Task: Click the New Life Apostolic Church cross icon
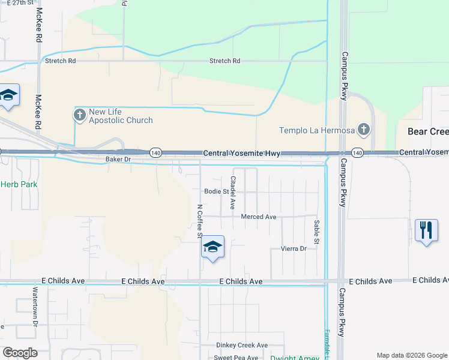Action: [x=80, y=115]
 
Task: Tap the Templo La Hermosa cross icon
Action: [x=363, y=129]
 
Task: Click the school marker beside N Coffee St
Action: [x=212, y=247]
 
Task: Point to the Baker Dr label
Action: [x=118, y=160]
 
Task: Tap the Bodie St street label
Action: [x=217, y=192]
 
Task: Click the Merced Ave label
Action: [x=258, y=217]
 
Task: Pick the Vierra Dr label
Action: [x=294, y=248]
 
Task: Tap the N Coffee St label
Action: [x=200, y=221]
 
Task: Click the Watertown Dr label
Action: [x=35, y=311]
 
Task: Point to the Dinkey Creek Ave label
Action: [x=242, y=346]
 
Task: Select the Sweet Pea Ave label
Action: [x=237, y=358]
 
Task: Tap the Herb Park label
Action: [x=19, y=184]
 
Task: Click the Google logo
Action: [x=20, y=353]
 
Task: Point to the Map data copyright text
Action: [x=411, y=355]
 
